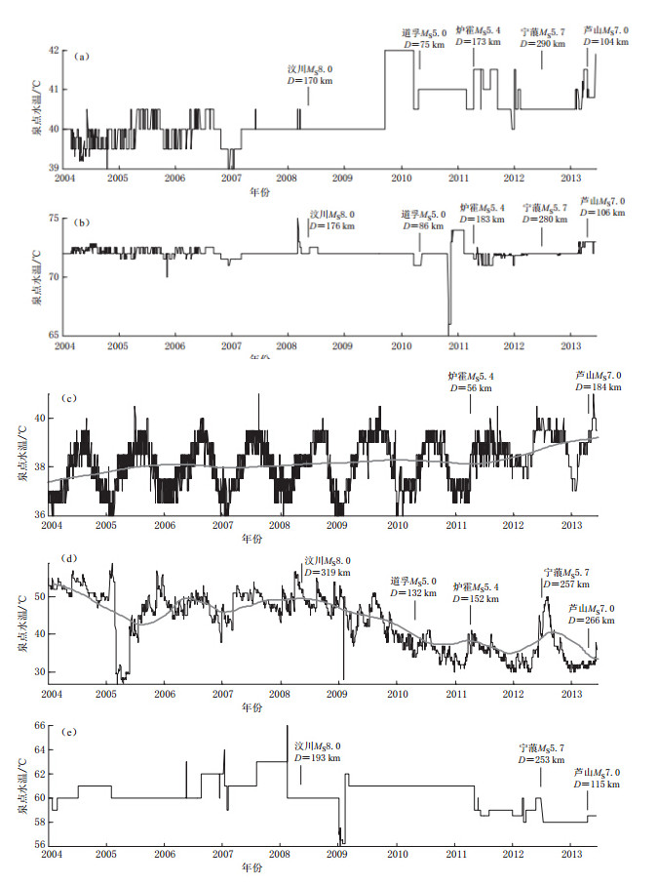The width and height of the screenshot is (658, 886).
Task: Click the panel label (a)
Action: (82, 58)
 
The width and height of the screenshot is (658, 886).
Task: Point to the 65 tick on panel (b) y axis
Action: (55, 334)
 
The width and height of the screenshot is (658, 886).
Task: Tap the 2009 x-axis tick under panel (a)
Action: (342, 179)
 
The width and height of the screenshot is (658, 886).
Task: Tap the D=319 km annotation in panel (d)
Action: (325, 572)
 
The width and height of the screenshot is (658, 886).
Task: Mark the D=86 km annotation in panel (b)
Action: (420, 225)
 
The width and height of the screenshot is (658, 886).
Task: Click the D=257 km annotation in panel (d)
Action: (565, 584)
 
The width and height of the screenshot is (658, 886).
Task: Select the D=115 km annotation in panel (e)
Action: (596, 783)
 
